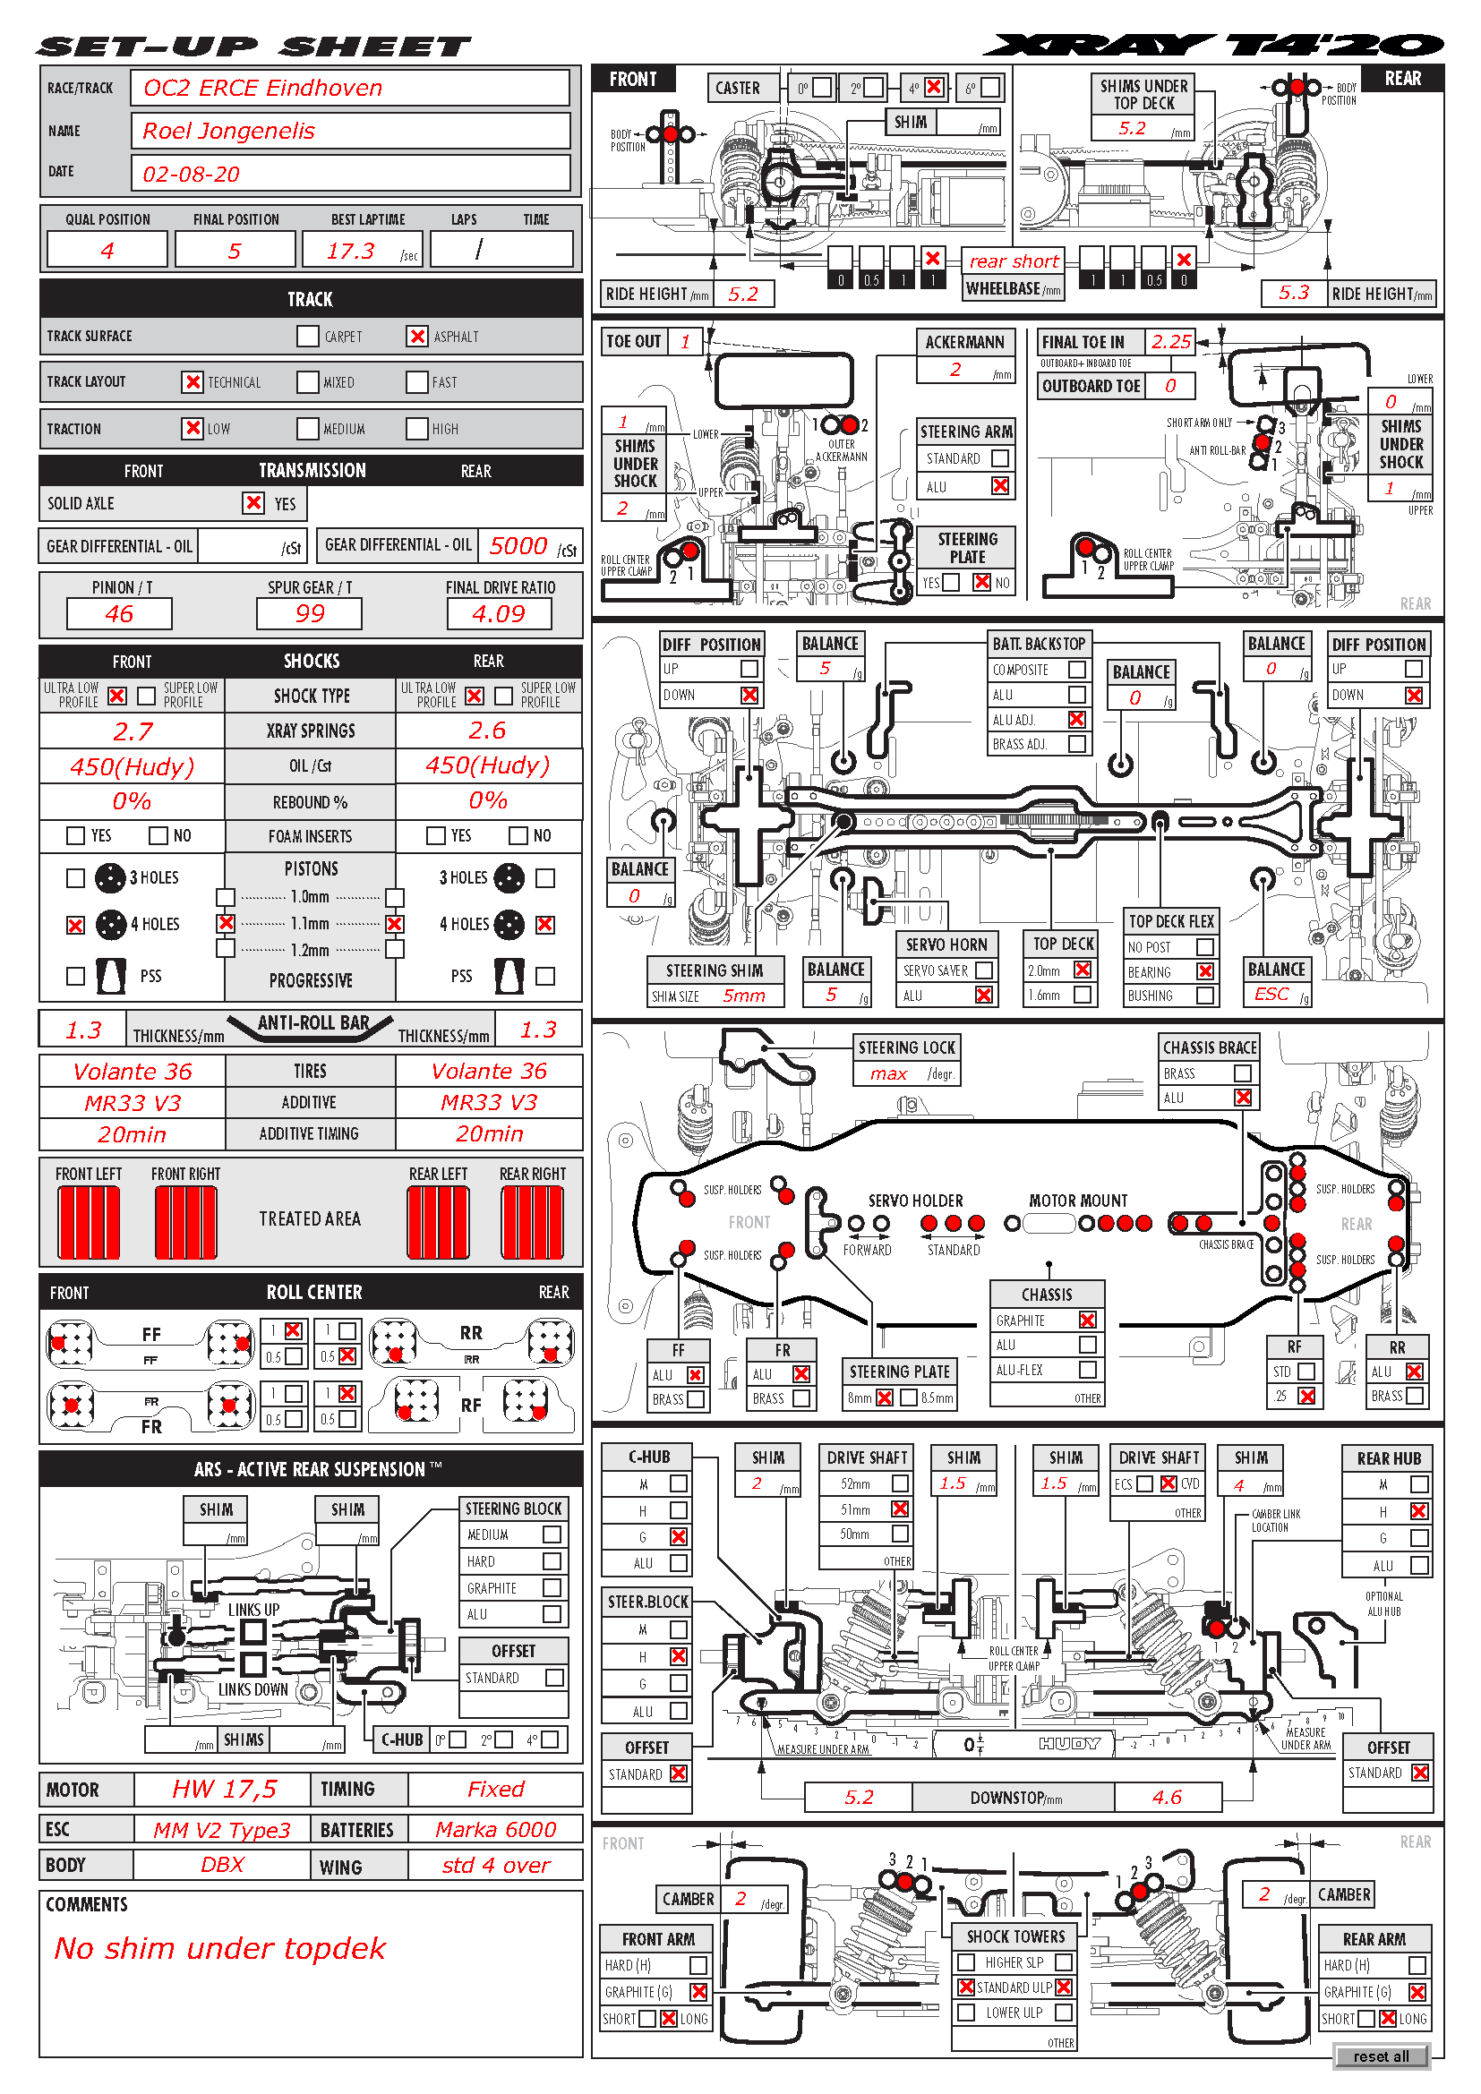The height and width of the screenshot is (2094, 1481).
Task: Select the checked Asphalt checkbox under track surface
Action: tap(416, 337)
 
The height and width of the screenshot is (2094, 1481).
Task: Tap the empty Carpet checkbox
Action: tap(307, 337)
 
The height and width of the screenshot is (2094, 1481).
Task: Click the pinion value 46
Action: tap(118, 614)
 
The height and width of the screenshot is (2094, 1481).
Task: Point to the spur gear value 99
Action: tap(309, 614)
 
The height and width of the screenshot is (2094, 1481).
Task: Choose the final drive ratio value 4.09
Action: tap(499, 614)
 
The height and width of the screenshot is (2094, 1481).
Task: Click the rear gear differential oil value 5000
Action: tap(518, 546)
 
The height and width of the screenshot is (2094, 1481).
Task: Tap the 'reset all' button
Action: tap(1381, 2056)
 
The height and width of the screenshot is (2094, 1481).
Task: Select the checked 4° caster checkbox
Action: tap(933, 88)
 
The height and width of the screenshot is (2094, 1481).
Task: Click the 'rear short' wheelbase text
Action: tap(1014, 261)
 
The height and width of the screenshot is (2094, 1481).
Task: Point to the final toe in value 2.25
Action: tap(1170, 342)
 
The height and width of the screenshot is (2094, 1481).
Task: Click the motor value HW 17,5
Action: tap(224, 1790)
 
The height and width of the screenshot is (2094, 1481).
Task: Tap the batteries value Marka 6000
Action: tap(495, 1830)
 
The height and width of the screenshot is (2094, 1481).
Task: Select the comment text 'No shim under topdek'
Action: tap(219, 1948)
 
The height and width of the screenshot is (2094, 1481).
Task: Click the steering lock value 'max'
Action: tap(888, 1074)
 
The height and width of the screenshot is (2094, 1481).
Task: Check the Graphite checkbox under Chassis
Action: tap(1087, 1320)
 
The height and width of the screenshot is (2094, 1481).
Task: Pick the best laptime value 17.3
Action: tap(351, 251)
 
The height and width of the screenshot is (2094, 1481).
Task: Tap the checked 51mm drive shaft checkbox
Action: tap(900, 1509)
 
